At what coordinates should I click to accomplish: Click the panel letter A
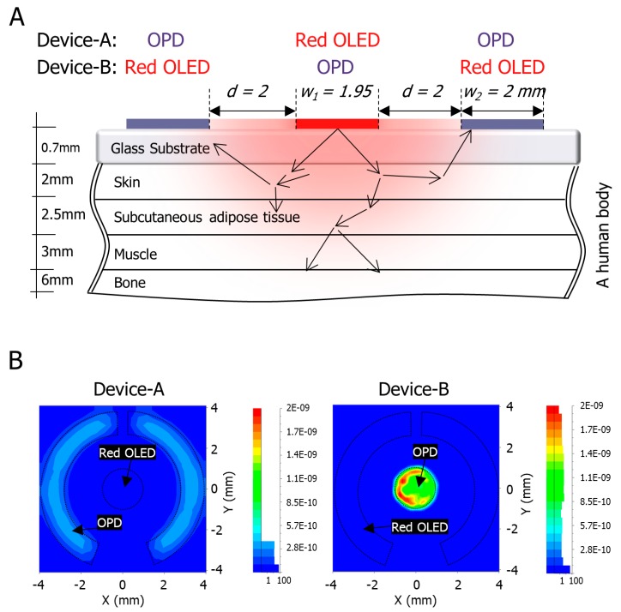pos(16,15)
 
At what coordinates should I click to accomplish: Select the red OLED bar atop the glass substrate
pos(336,124)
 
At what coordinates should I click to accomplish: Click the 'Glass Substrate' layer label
pos(161,149)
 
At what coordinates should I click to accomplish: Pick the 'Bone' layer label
pos(130,281)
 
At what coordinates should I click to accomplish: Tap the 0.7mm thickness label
pos(60,148)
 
